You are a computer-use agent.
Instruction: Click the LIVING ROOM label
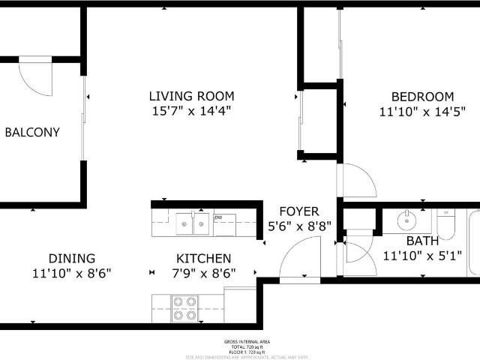point(191,96)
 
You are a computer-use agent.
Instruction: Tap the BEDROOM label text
point(422,97)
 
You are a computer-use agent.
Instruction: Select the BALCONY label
point(32,132)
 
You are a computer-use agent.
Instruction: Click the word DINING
point(72,258)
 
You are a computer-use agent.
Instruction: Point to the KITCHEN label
point(203,258)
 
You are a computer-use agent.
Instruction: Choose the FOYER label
point(298,211)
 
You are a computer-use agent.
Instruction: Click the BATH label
point(422,241)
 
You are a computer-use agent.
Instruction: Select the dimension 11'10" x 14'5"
point(422,112)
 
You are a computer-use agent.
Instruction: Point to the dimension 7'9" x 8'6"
point(203,273)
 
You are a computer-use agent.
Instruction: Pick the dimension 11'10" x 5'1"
point(422,256)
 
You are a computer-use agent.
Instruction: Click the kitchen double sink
point(193,223)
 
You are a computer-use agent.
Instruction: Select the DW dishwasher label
point(218,218)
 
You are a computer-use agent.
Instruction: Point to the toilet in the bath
point(446,222)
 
